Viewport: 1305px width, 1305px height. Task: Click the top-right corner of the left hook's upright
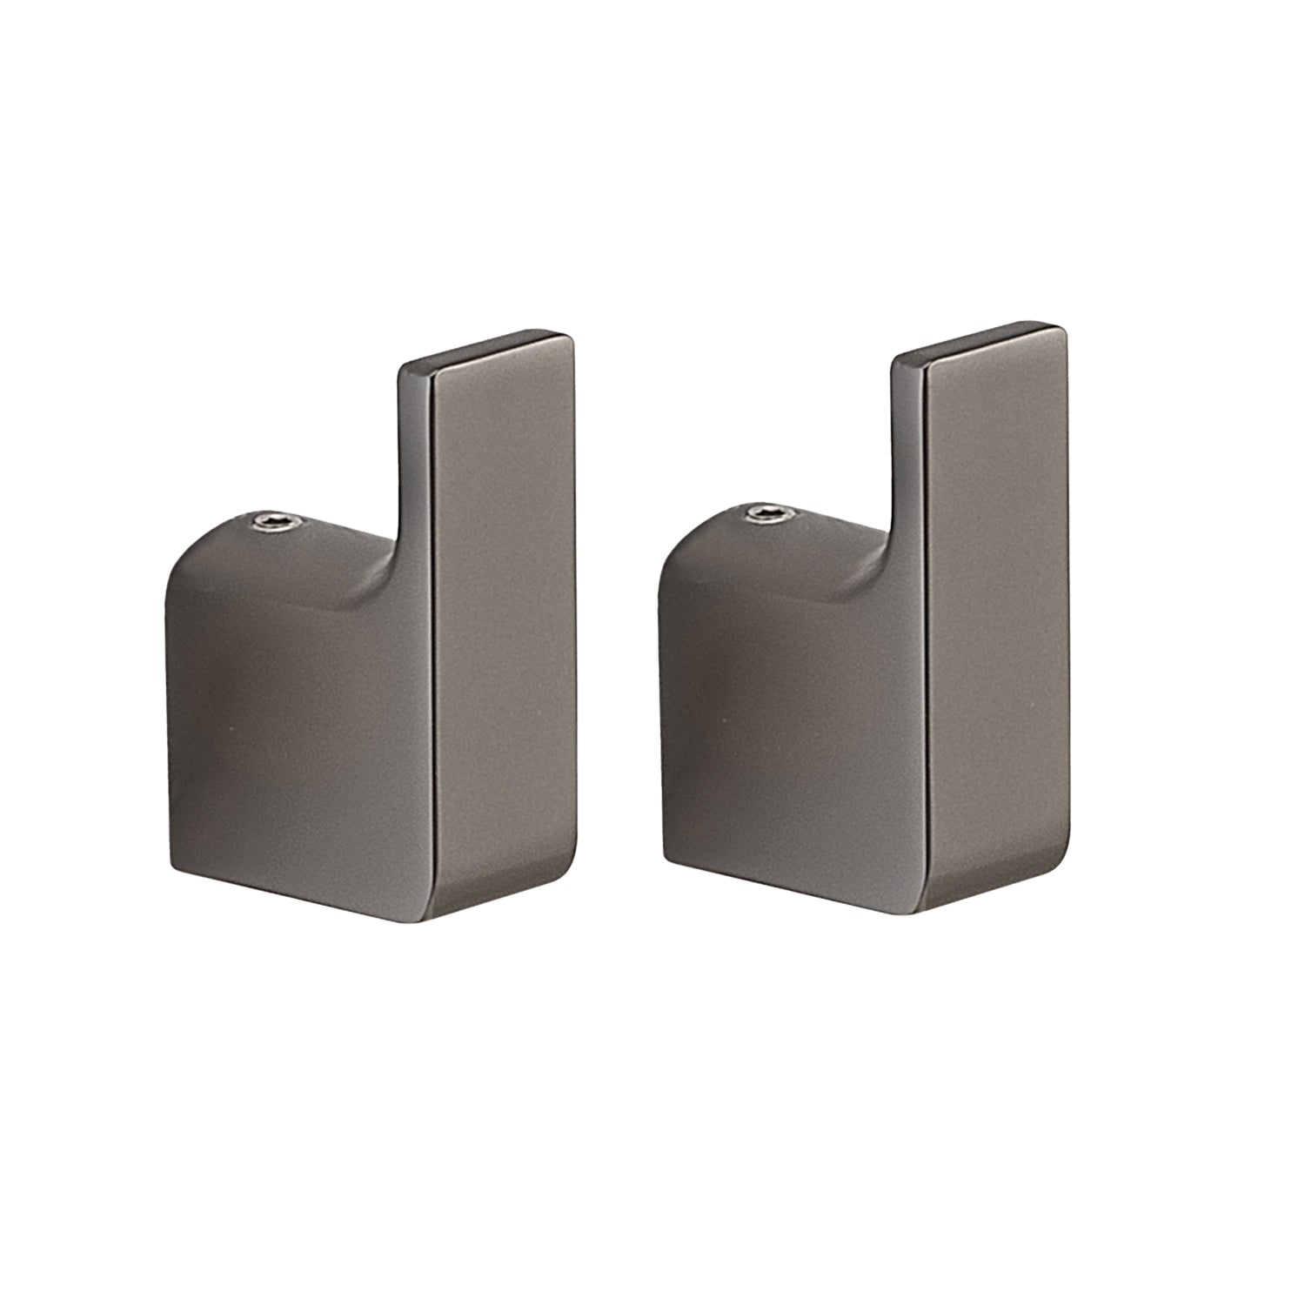571,335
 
